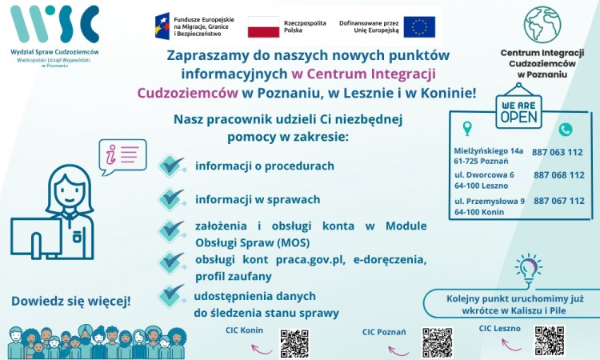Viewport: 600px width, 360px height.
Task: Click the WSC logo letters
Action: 54,23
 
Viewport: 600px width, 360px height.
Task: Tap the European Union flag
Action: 419,26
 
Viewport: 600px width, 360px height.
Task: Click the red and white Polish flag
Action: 263,26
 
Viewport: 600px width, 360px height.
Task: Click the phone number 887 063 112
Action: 558,152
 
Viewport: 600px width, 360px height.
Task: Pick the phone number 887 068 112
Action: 558,175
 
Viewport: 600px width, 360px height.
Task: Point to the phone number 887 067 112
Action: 558,201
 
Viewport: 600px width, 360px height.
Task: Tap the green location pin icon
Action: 468,128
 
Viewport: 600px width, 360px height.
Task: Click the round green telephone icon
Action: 566,129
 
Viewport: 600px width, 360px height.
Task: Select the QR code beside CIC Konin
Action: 294,342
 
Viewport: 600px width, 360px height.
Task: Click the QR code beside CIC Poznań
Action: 437,342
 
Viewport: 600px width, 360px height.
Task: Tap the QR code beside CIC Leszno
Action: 550,339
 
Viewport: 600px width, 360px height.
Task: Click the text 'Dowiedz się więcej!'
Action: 71,302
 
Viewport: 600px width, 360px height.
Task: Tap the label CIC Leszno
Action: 500,328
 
